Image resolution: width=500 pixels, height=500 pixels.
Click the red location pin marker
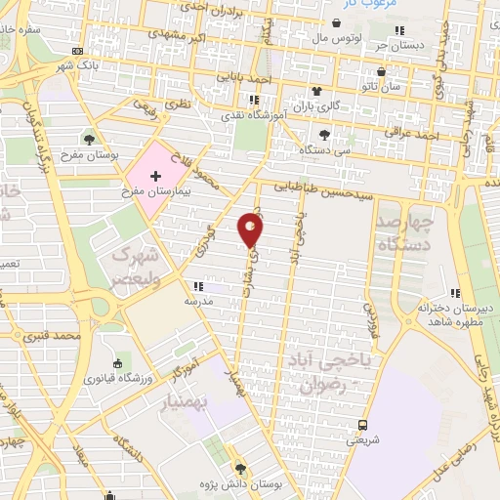point(251,231)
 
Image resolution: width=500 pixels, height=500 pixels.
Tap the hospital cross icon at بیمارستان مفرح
point(155,173)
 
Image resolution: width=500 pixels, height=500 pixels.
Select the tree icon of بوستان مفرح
point(90,139)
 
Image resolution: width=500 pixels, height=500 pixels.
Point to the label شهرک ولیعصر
point(135,267)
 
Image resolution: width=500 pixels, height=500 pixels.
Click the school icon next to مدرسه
point(198,287)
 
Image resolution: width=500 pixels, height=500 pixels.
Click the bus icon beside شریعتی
point(362,425)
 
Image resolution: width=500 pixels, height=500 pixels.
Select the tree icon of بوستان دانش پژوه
point(241,470)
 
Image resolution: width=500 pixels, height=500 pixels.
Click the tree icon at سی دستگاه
point(324,135)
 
